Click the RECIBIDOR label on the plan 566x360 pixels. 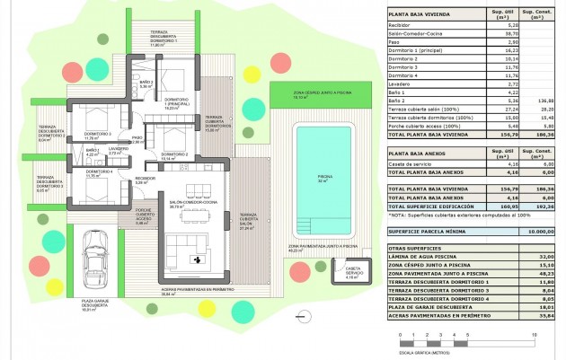coord(145,180)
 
